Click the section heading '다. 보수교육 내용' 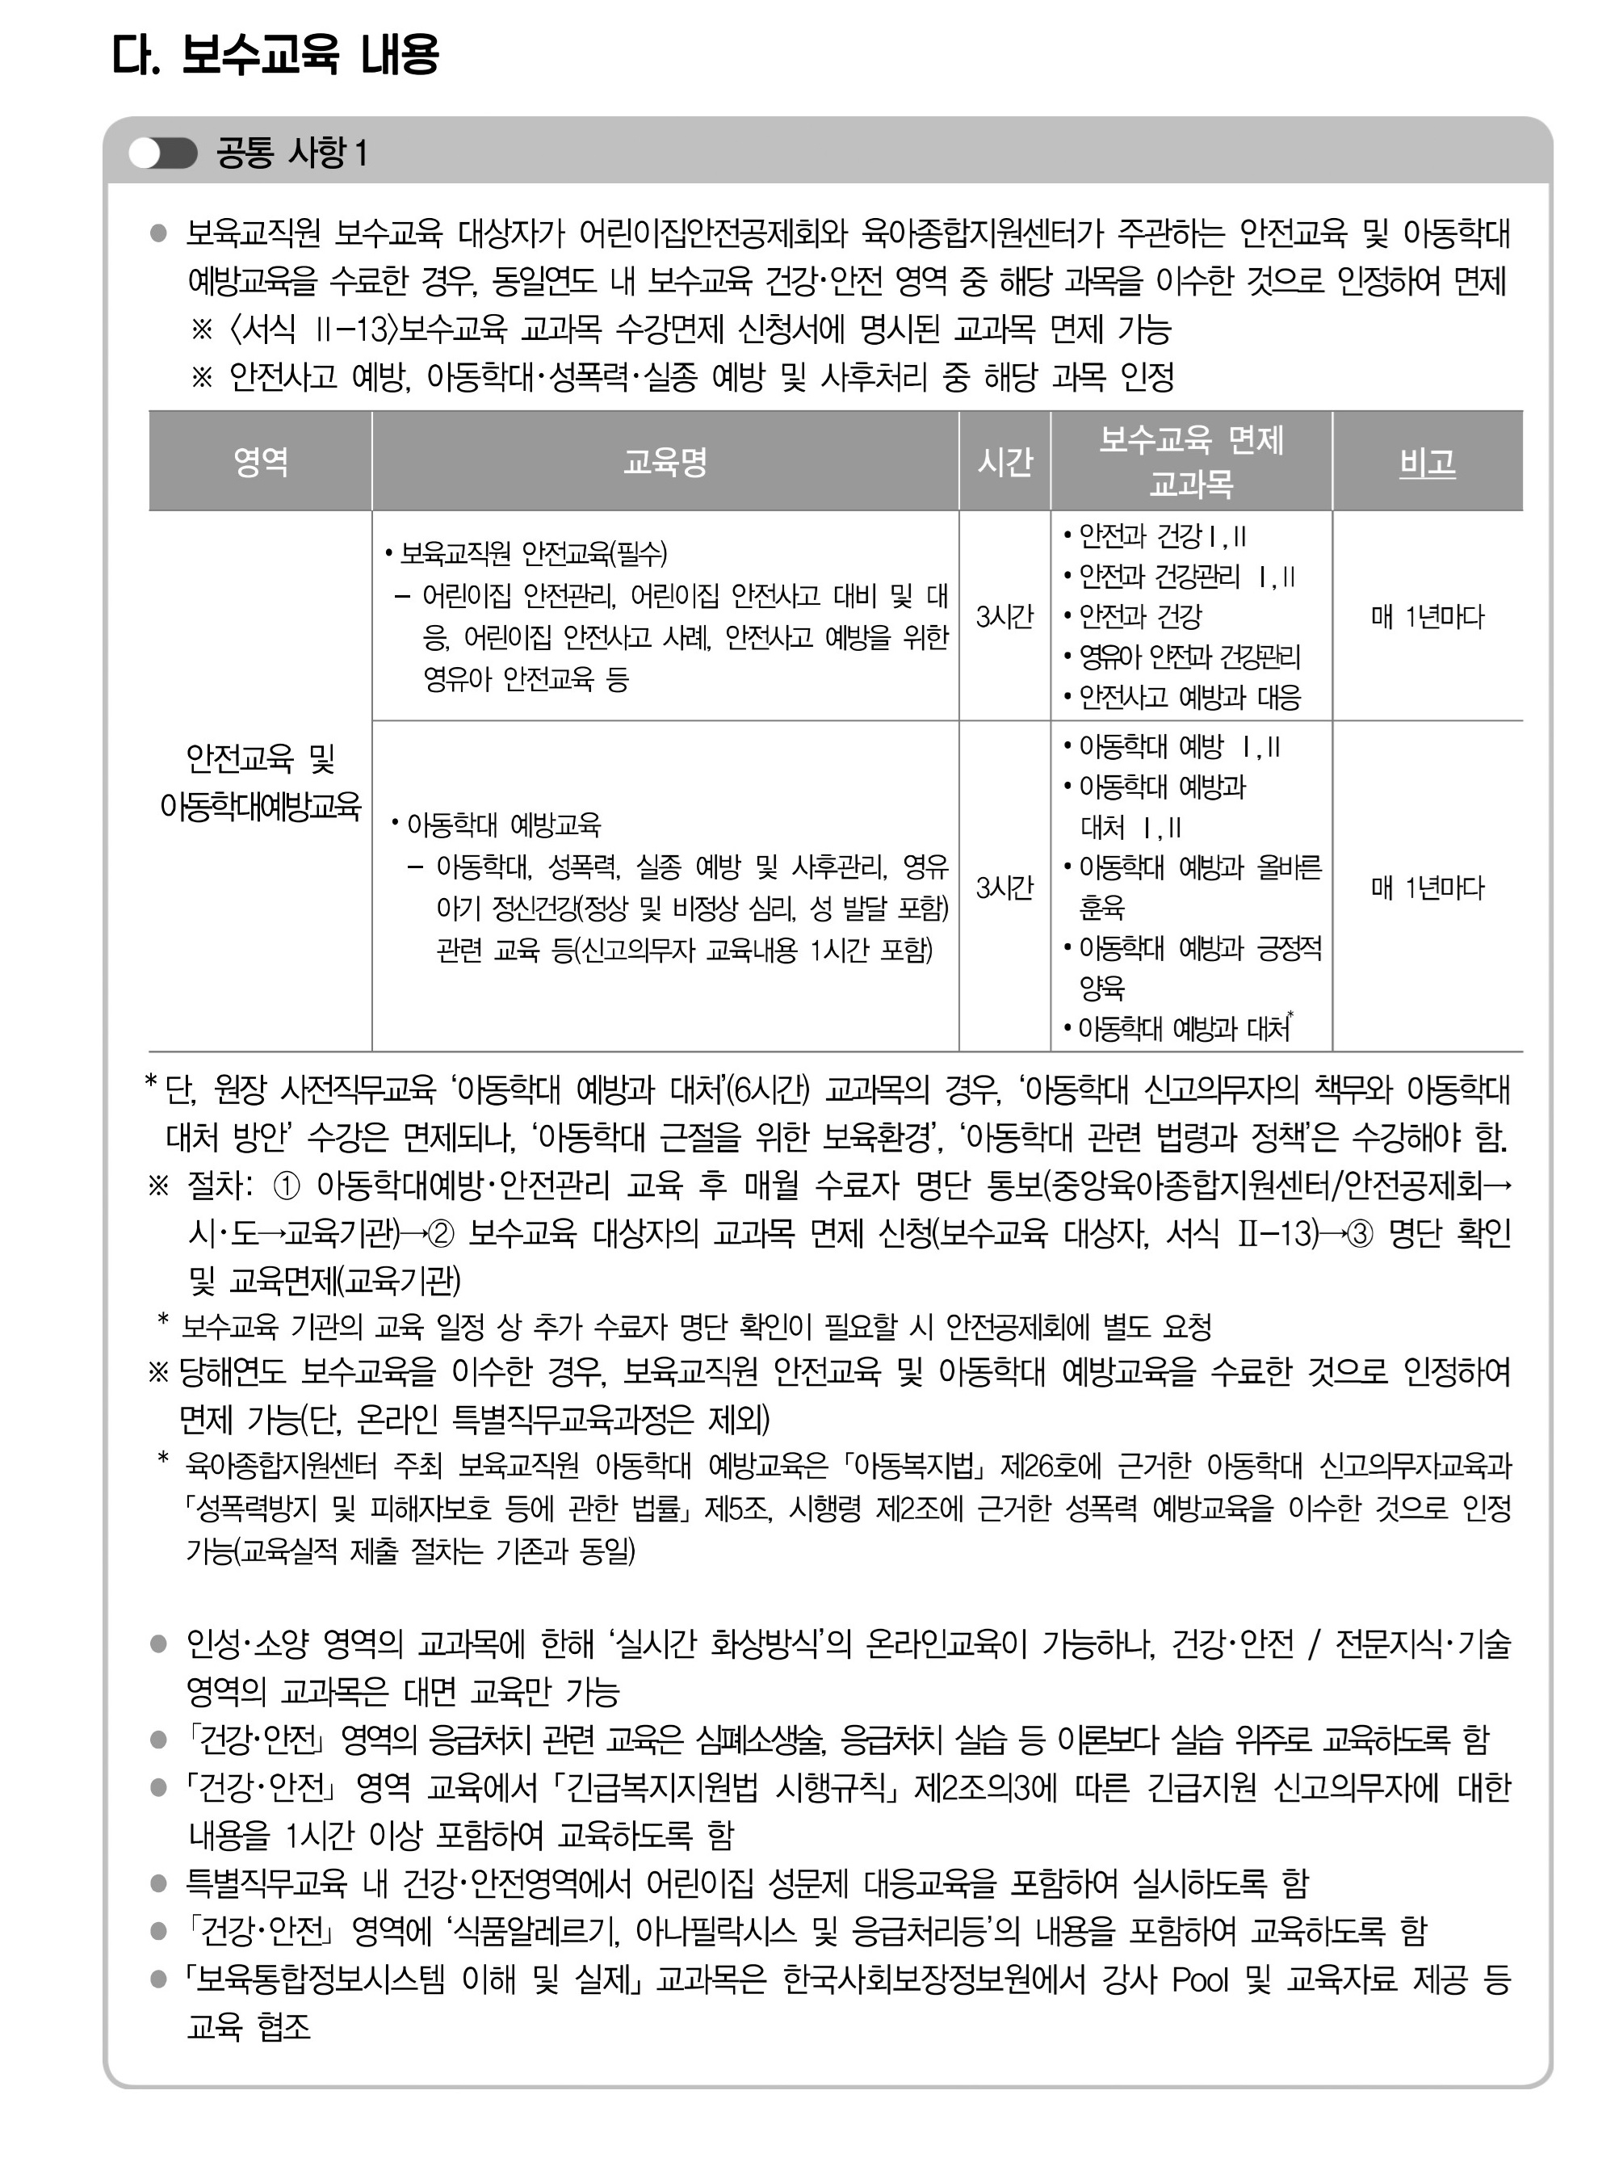pos(275,55)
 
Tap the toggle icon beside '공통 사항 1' pos(162,153)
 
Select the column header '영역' pos(260,461)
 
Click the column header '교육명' pos(665,461)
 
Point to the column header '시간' pos(1004,461)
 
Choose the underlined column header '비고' pos(1428,461)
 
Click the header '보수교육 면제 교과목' pos(1190,461)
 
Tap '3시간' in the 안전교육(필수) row pos(1004,617)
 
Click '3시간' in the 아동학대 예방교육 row pos(1004,888)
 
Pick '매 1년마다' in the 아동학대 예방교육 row pos(1428,888)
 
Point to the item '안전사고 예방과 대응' pos(1189,697)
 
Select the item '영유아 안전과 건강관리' pos(1189,657)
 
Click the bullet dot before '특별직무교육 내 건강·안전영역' pos(158,1883)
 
